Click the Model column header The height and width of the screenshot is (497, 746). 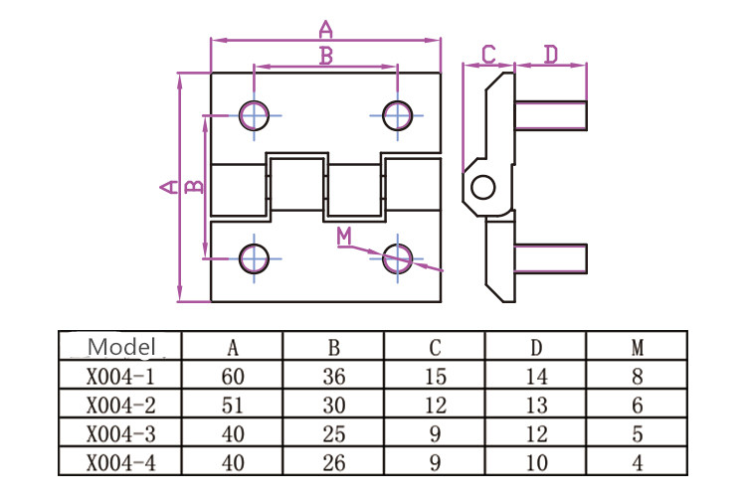coord(121,347)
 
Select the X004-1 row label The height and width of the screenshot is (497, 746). coord(120,376)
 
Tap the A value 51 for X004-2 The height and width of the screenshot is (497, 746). coord(233,406)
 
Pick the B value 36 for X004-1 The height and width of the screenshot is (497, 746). coord(334,376)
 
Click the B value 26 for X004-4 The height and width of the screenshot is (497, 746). coord(334,463)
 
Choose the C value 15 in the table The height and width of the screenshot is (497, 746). coord(436,376)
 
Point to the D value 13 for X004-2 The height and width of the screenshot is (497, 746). coord(537,406)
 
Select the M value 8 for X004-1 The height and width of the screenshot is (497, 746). coord(638,376)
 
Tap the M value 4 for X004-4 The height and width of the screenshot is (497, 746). coord(638,463)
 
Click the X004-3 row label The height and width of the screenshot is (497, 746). coord(120,434)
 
